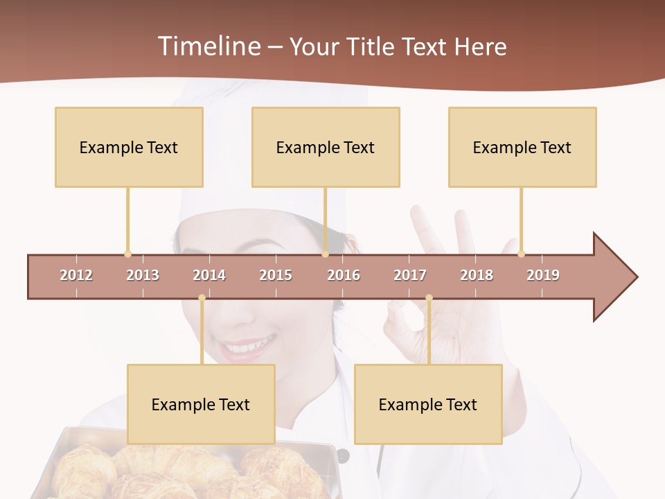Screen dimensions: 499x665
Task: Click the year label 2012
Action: tap(76, 275)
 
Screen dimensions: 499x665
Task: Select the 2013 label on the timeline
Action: tap(143, 275)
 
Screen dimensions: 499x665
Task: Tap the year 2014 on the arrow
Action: tap(209, 275)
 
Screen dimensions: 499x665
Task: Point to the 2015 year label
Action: tap(276, 275)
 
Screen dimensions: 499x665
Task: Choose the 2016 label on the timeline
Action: tap(344, 275)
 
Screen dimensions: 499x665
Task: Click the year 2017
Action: tap(410, 275)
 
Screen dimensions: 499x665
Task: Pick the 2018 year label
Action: tap(477, 275)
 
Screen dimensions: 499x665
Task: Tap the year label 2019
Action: tap(543, 275)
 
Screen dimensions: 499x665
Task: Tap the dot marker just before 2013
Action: tap(127, 254)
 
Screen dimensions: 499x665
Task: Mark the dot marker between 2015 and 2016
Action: tap(325, 254)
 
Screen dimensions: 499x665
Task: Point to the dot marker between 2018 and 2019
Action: tap(521, 254)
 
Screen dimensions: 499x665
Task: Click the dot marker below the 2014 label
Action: tap(202, 298)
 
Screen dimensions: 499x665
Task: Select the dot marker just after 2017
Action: tap(429, 298)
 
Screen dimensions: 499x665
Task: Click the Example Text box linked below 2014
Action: tap(201, 404)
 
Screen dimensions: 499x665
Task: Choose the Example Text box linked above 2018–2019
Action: tap(522, 147)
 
